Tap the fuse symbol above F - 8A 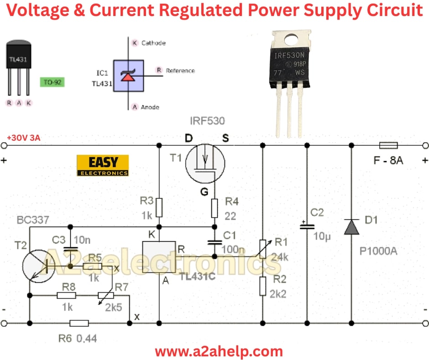click(x=388, y=146)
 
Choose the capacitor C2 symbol click(x=307, y=226)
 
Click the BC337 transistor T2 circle click(x=38, y=265)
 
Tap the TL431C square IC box click(x=159, y=257)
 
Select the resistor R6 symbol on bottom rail click(x=79, y=323)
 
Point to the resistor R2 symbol click(x=262, y=286)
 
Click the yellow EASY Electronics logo click(x=103, y=165)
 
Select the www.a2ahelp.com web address click(x=219, y=351)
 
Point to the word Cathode click(x=153, y=43)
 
